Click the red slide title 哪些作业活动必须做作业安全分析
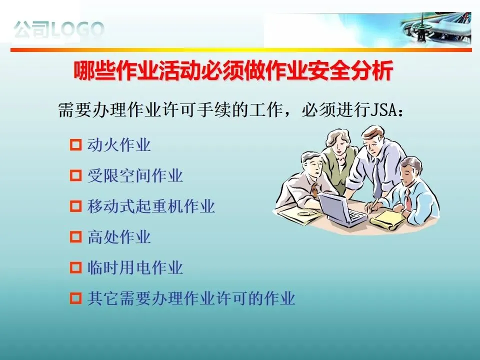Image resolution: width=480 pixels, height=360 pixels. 233,71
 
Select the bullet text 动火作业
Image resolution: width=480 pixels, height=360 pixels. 119,145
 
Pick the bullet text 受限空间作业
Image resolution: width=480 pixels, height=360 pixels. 135,175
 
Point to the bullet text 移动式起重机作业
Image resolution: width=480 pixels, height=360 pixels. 151,206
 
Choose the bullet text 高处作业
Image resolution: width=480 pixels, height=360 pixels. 119,237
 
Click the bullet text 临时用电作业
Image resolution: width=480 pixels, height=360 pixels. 135,267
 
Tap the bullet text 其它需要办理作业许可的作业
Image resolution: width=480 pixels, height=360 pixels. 191,298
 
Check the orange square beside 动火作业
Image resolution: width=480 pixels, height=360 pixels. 76,145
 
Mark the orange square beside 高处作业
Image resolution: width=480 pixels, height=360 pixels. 76,237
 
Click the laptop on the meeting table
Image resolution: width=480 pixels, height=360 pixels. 341,209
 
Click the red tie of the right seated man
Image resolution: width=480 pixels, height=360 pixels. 408,199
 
